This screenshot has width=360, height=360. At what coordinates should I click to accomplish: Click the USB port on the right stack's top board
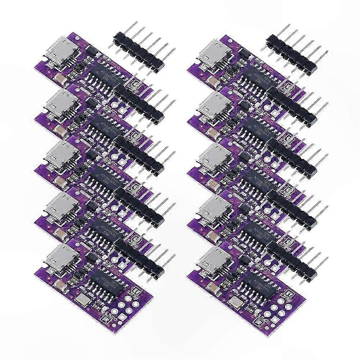(214, 55)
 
